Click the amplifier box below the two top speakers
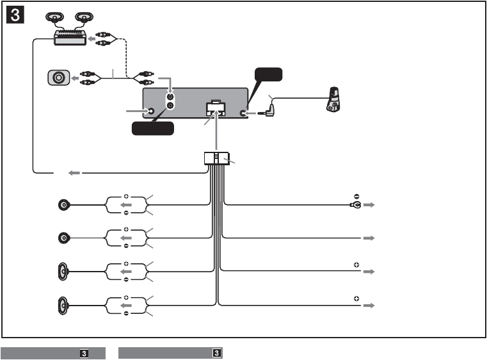(71, 38)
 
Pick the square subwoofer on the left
(58, 78)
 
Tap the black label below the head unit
(152, 129)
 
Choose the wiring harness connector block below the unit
(216, 158)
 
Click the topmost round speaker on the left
(63, 205)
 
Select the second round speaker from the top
(63, 238)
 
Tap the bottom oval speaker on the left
(63, 306)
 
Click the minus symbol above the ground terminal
(356, 196)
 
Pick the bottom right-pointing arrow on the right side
(369, 306)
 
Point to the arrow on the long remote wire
(75, 172)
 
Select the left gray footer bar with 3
(52, 353)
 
